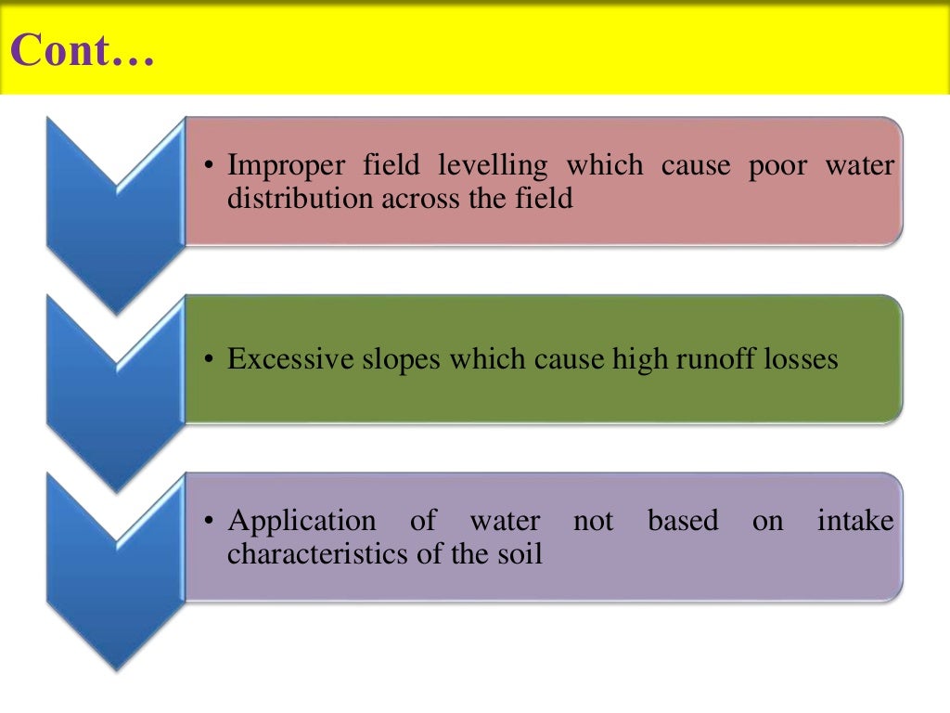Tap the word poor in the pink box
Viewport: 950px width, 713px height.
coord(779,166)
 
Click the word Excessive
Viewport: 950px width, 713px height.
coord(287,359)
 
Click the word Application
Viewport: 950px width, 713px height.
coord(302,523)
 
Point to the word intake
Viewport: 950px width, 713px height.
coord(854,522)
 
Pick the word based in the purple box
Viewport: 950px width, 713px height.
coord(683,522)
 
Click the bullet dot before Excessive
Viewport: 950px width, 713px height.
coord(211,360)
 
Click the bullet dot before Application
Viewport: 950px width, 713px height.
coord(211,522)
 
